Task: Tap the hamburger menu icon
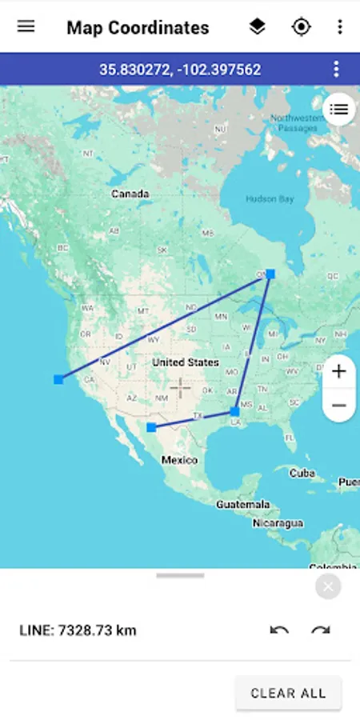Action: [26, 26]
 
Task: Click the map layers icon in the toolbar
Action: [257, 27]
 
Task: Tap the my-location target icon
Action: [301, 27]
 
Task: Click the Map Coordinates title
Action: [138, 28]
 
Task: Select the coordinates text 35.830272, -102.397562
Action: [180, 70]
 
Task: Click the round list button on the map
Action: [339, 110]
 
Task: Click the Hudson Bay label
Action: [270, 199]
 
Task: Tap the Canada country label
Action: [130, 194]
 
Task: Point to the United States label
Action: [185, 362]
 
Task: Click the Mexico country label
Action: [179, 460]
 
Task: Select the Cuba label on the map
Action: [302, 473]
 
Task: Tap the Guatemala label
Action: [242, 505]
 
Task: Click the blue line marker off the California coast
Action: [58, 379]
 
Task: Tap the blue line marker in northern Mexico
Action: [151, 428]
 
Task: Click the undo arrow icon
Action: [279, 630]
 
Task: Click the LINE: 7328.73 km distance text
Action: [78, 630]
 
